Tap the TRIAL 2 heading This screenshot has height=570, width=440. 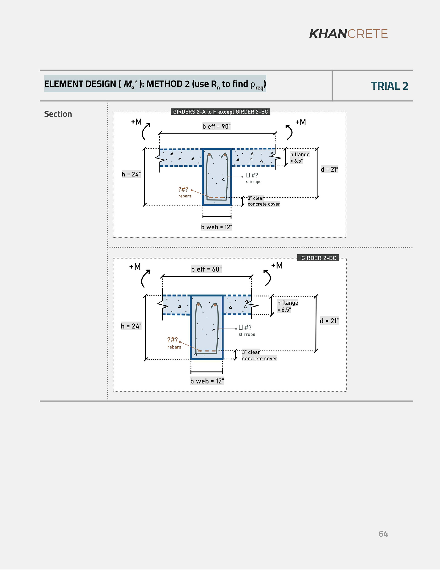click(389, 86)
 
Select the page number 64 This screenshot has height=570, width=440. click(383, 534)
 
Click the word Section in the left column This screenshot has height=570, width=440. click(58, 114)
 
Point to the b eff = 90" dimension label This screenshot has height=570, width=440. click(217, 127)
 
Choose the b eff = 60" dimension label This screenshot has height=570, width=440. click(206, 269)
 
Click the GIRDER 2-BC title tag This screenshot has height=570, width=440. click(319, 258)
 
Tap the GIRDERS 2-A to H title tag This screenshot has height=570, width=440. click(220, 112)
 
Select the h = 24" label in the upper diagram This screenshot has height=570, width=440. click(131, 174)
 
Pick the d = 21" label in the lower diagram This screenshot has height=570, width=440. click(329, 321)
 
